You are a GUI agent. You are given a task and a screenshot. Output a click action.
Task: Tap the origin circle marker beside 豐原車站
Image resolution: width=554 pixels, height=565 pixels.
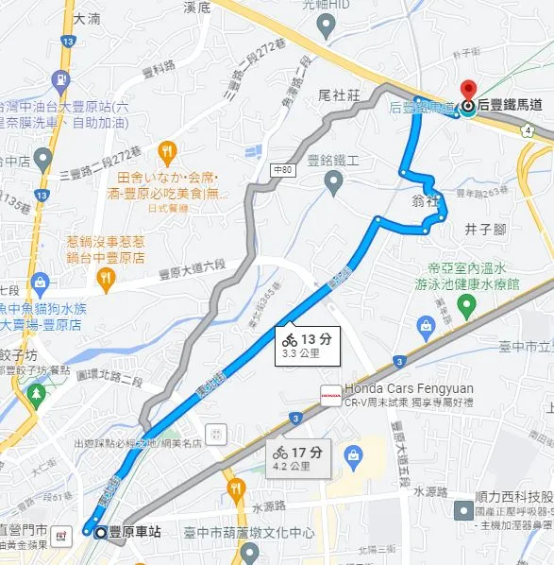pyautogui.click(x=101, y=533)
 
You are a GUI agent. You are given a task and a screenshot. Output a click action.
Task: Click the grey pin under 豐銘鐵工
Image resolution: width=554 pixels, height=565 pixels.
pyautogui.click(x=333, y=181)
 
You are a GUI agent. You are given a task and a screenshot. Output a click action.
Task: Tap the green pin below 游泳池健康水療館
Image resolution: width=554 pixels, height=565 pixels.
pyautogui.click(x=466, y=305)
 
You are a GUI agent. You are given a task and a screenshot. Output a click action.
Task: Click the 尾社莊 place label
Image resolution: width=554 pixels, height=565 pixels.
pyautogui.click(x=340, y=95)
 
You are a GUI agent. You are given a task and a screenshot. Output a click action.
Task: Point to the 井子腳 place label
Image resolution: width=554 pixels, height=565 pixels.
pyautogui.click(x=486, y=230)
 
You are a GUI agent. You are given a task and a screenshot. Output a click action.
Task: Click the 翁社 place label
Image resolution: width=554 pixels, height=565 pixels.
pyautogui.click(x=426, y=199)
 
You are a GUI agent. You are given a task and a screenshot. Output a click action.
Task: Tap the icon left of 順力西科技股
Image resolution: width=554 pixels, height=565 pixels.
pyautogui.click(x=463, y=511)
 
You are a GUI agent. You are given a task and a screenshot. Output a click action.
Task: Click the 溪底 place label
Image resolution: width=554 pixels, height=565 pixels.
pyautogui.click(x=197, y=7)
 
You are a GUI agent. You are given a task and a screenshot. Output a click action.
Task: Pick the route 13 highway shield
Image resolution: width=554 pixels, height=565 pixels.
pyautogui.click(x=67, y=42)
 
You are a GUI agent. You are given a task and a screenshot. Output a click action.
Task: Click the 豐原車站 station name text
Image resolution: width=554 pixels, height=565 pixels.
pyautogui.click(x=135, y=533)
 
